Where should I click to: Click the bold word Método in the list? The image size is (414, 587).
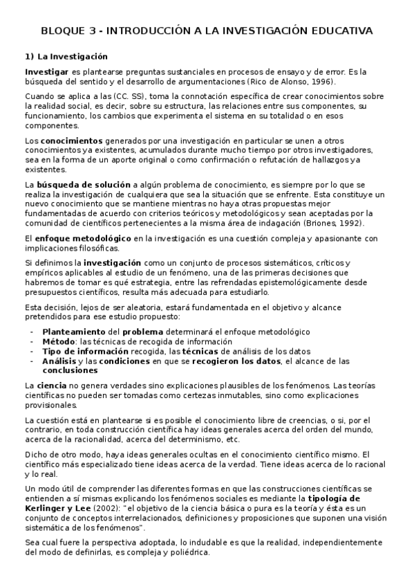pos(59,342)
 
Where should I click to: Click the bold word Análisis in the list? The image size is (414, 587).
pos(59,361)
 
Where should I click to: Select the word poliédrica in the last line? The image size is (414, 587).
pos(185,553)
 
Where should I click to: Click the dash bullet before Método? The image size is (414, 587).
pos(32,342)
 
